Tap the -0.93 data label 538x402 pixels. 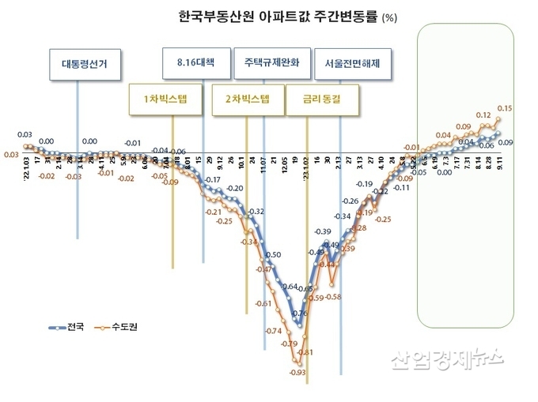point(297,372)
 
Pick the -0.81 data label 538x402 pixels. point(306,351)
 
